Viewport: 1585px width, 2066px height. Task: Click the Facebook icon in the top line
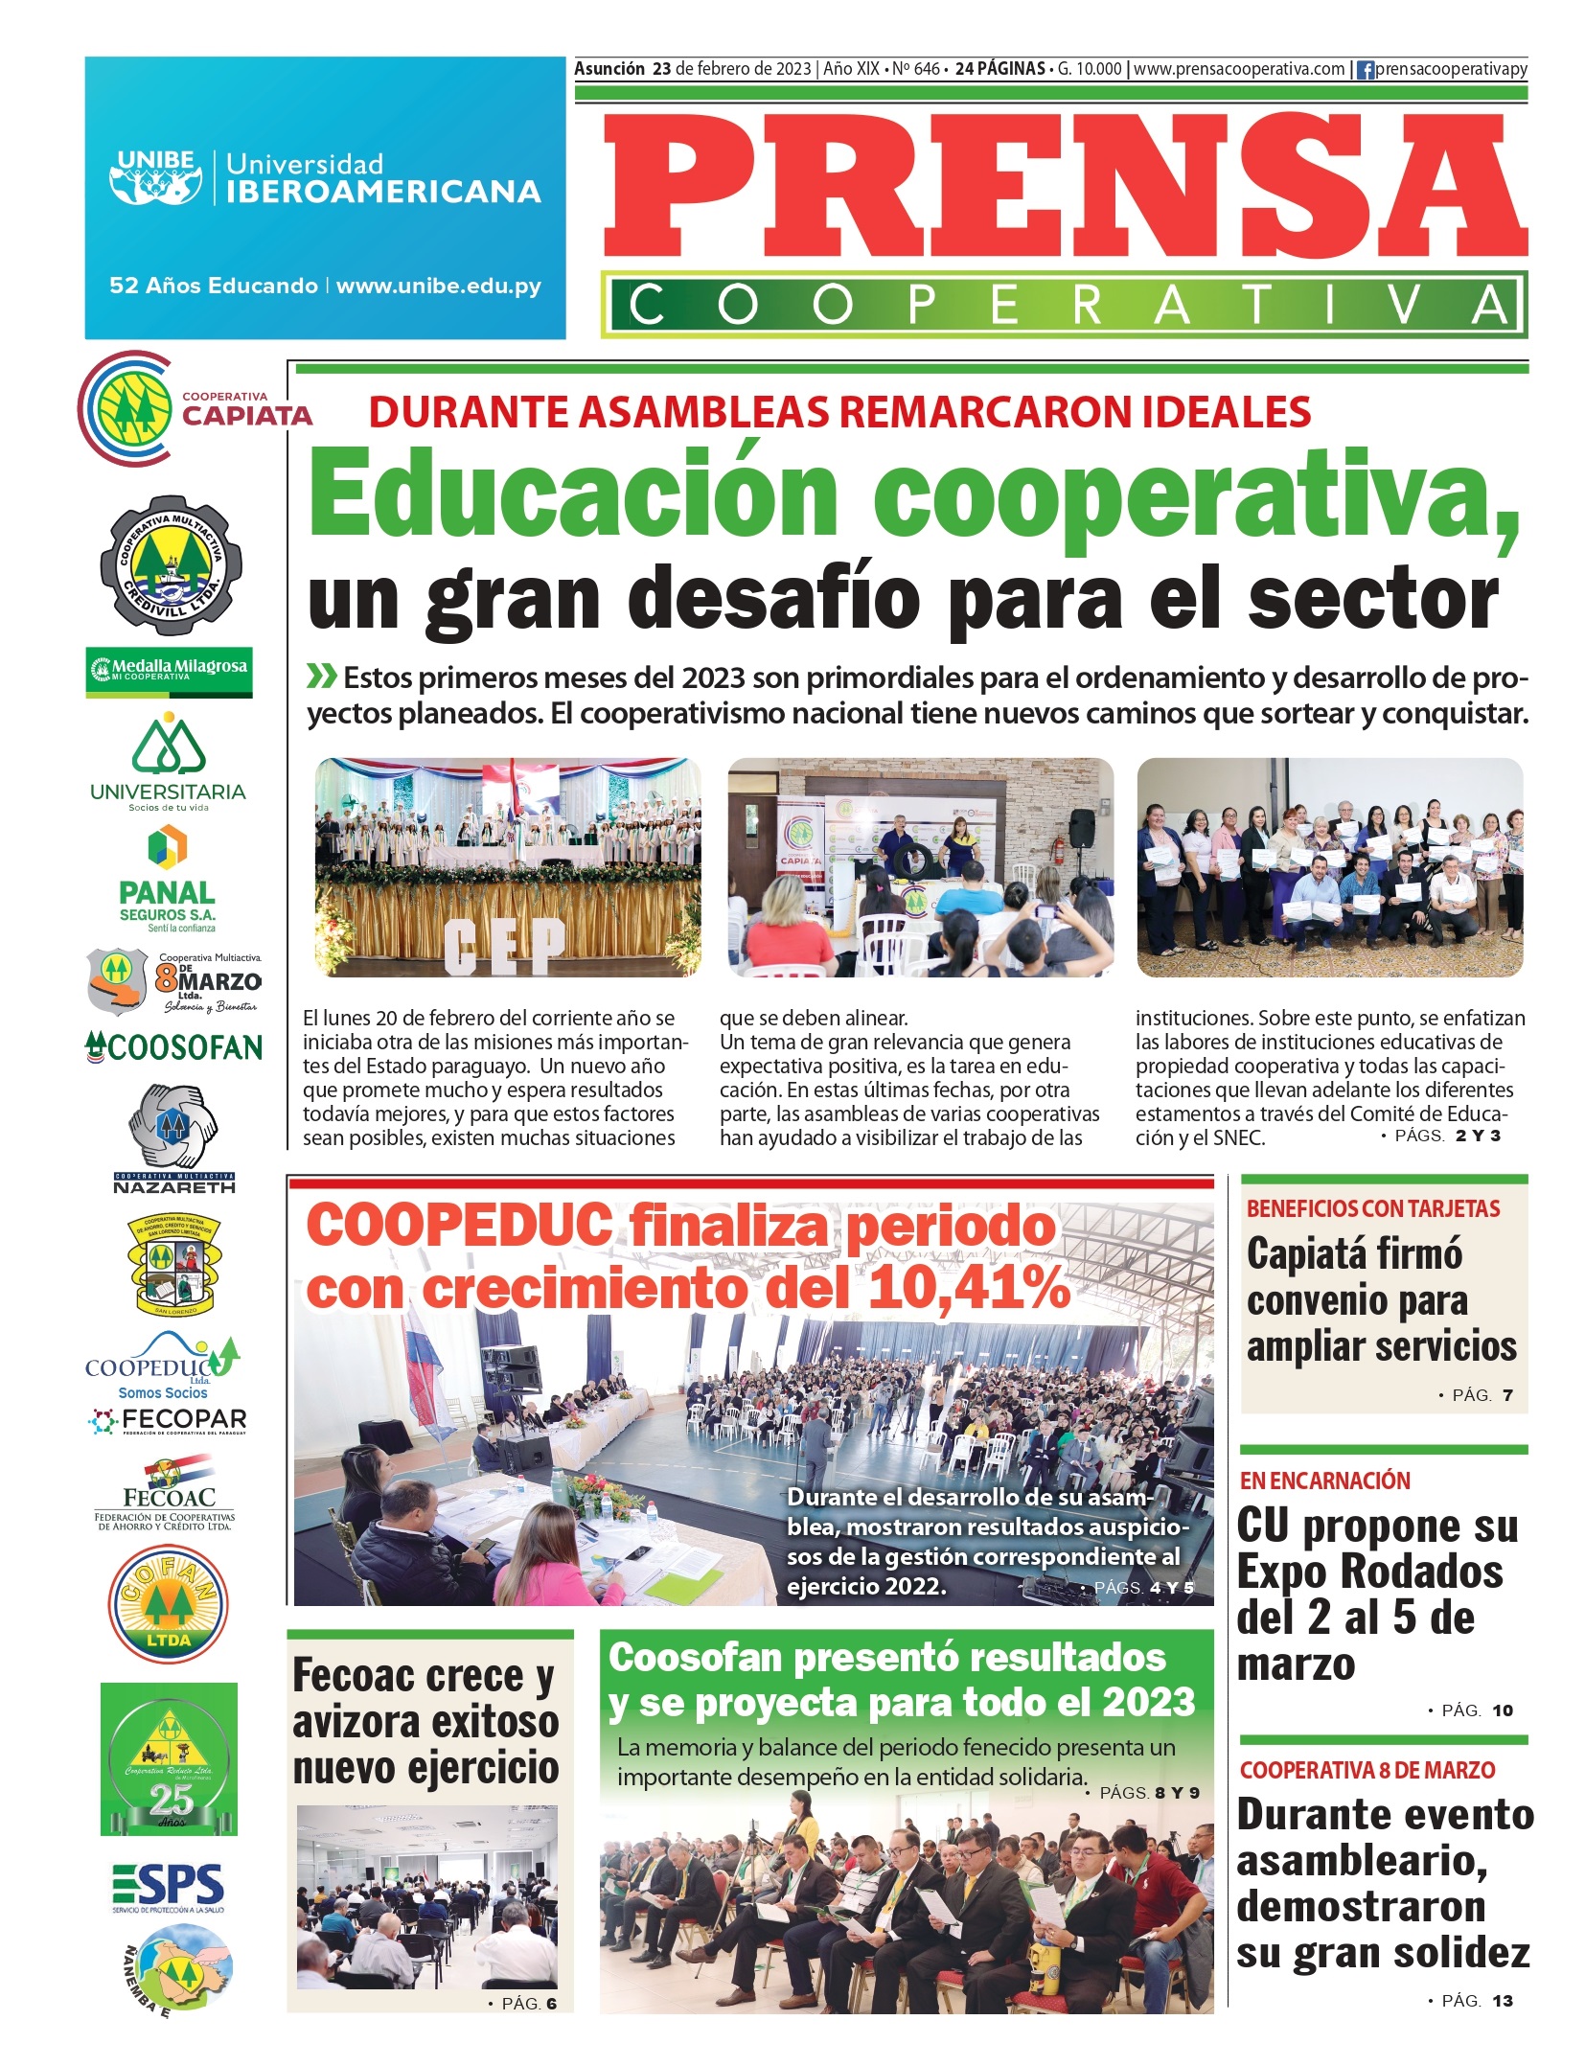(x=1366, y=70)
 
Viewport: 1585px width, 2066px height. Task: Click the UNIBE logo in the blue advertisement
(x=155, y=176)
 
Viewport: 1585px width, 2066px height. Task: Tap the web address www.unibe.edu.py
(x=438, y=286)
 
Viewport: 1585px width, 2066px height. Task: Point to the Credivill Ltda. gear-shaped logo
(x=171, y=565)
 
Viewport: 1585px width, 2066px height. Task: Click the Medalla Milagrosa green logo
(x=170, y=670)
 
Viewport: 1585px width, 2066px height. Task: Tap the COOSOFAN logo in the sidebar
(x=173, y=1047)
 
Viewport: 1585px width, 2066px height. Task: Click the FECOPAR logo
(x=169, y=1420)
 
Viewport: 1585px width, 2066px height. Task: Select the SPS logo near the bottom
(x=169, y=1887)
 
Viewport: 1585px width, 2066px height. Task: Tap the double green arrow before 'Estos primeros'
(x=321, y=677)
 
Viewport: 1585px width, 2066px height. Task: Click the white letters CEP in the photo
(x=504, y=946)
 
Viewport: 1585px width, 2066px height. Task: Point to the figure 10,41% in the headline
(x=968, y=1288)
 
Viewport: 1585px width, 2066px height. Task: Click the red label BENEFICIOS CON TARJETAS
(x=1372, y=1208)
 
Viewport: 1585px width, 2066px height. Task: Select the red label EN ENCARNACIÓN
(x=1324, y=1481)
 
